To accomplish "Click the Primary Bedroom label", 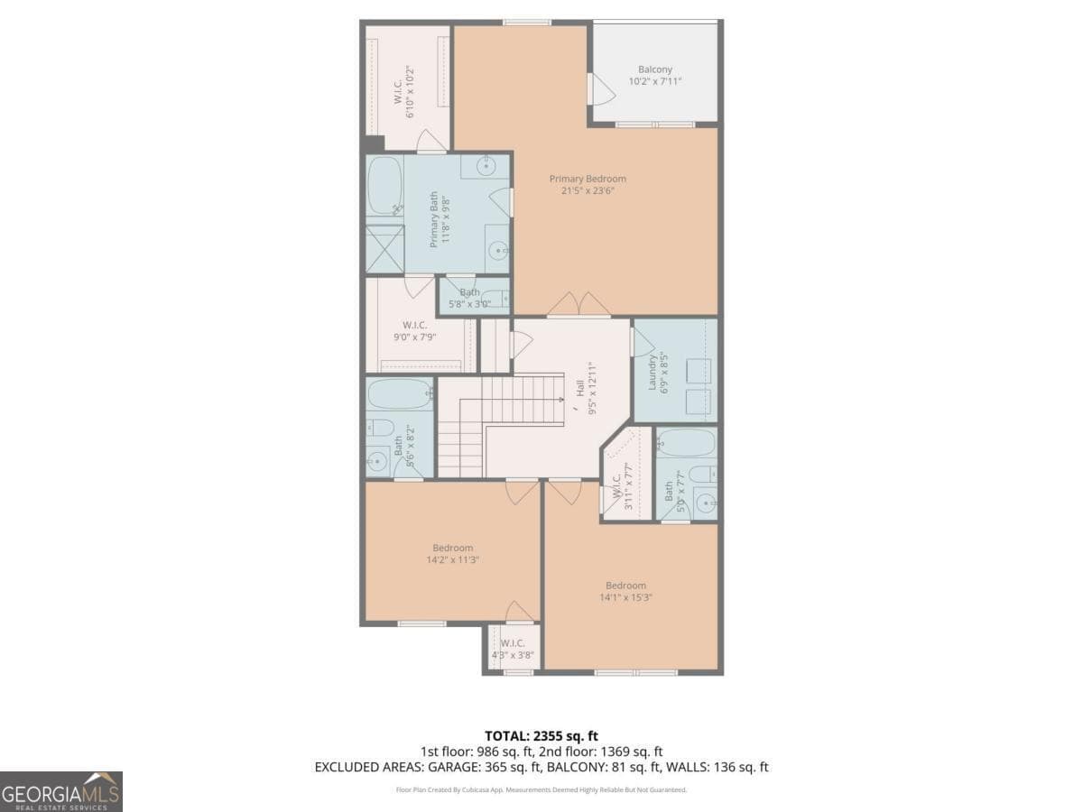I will tap(588, 179).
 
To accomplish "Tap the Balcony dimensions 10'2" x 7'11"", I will tap(654, 81).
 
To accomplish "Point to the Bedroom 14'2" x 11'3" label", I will tap(452, 549).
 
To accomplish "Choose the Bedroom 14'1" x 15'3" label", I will tap(625, 586).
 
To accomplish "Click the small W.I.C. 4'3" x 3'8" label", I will tap(513, 650).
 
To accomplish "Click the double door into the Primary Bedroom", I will tap(579, 305).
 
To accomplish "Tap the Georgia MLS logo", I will tap(60, 791).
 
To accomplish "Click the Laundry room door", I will tap(643, 341).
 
